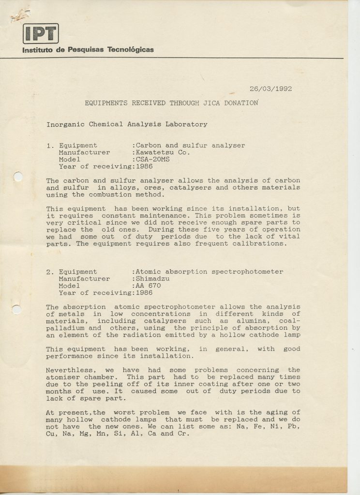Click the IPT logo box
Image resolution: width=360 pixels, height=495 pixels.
(41, 33)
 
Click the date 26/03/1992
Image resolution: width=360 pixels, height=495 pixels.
(270, 88)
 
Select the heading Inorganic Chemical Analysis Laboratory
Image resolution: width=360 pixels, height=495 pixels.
(127, 124)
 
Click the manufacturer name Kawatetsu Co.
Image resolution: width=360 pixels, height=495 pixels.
(163, 152)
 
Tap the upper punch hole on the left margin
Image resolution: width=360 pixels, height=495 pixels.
(18, 177)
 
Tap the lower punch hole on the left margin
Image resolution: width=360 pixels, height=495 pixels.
(17, 308)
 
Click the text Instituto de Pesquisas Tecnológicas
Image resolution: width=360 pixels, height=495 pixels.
(88, 49)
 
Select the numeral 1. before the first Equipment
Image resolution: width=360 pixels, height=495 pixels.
(50, 146)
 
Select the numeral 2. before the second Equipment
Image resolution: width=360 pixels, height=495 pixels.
(50, 272)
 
